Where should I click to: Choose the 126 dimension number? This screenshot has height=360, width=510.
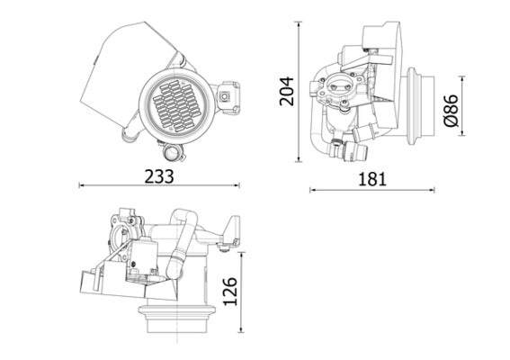(x=231, y=292)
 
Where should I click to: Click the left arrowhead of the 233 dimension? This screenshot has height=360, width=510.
(x=82, y=186)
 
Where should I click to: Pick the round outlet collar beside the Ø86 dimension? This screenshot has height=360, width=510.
(x=423, y=107)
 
